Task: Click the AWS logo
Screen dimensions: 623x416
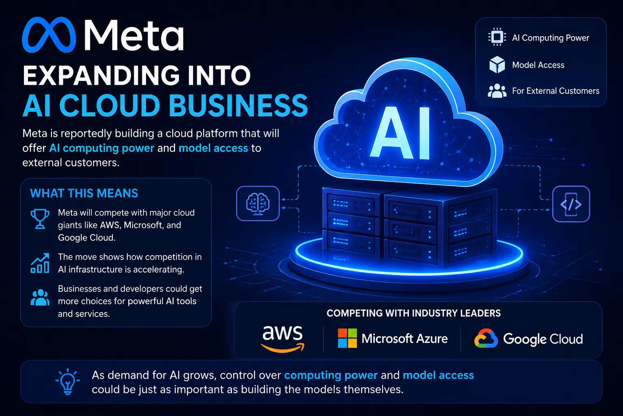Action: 283,338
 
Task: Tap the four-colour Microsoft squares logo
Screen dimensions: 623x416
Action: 347,338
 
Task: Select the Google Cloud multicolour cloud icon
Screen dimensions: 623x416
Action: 486,338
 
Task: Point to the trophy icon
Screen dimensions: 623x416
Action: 40,219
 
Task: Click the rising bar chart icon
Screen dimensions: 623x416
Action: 40,263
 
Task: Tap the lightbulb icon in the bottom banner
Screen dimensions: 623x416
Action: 68,381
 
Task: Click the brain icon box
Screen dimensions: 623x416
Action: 258,204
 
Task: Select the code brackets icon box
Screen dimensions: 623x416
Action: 571,204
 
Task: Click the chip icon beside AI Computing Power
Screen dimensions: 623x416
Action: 497,37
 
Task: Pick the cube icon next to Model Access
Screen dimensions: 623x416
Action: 497,64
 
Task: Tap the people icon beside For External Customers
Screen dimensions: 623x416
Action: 497,91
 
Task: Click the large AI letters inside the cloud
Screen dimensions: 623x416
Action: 400,133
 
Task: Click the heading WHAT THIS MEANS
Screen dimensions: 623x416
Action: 84,193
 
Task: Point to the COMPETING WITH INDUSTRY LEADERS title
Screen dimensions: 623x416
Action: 414,313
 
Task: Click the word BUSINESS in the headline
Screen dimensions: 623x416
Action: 238,105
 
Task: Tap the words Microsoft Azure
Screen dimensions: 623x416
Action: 405,338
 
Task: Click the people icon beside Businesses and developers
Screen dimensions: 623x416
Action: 40,298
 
